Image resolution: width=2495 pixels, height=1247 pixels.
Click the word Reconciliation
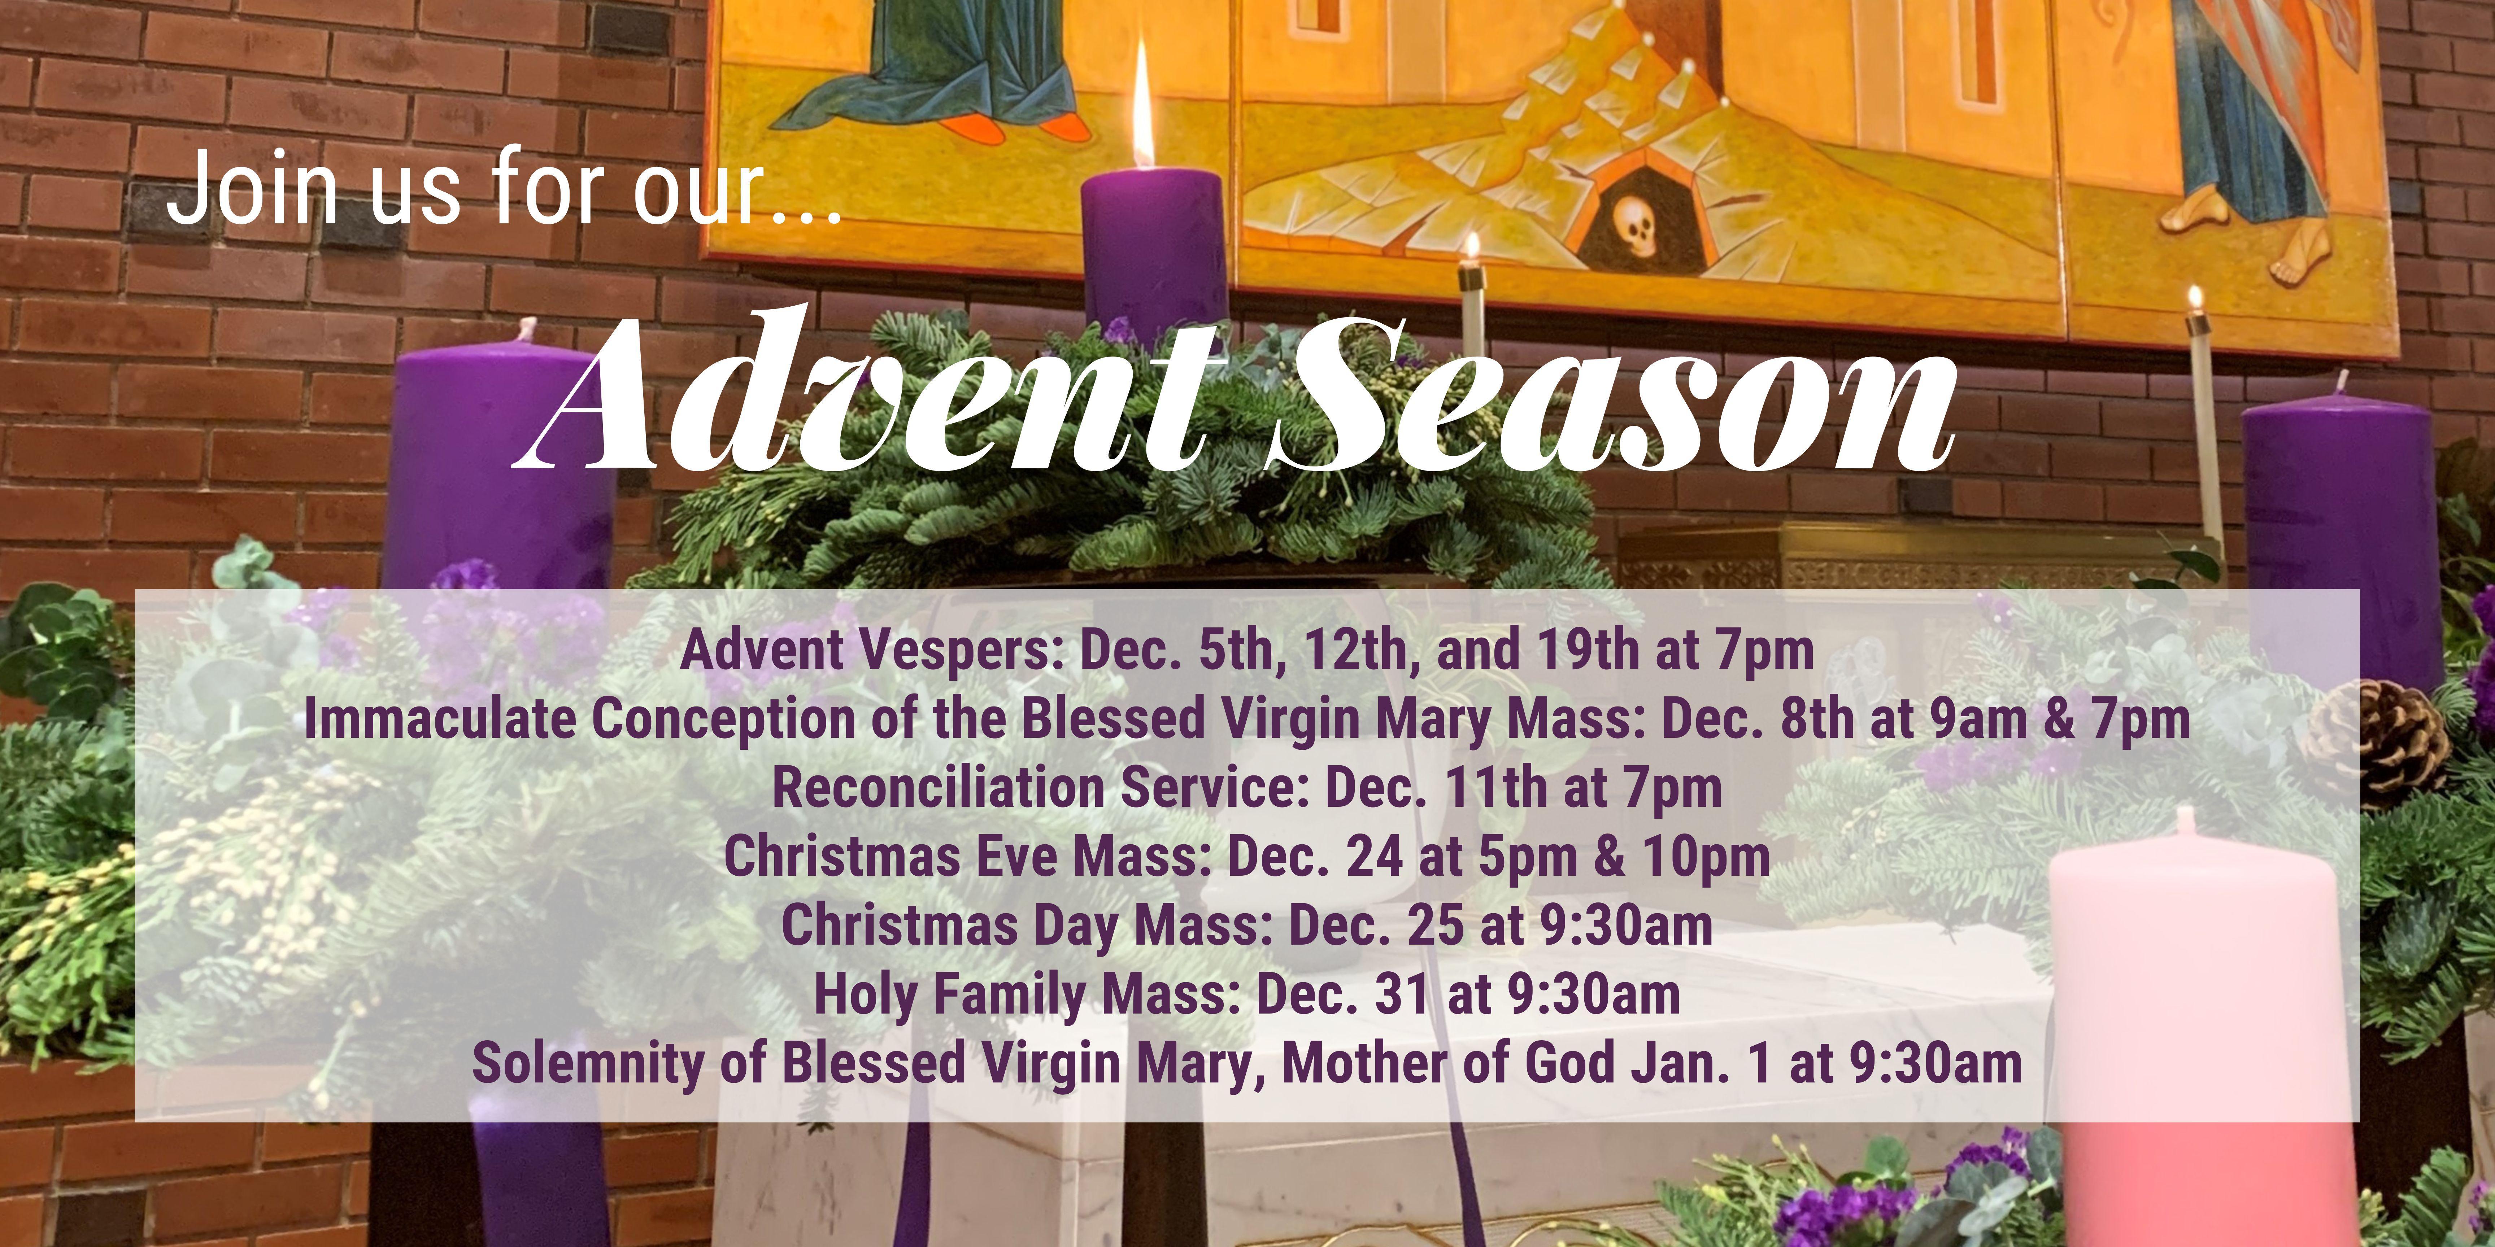(937, 788)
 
